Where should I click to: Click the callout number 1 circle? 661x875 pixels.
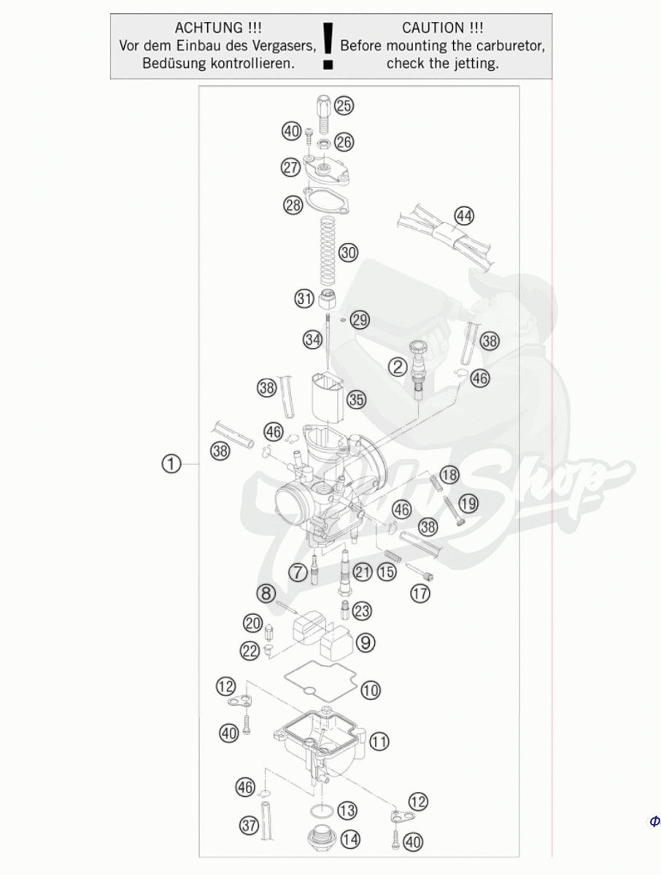[171, 464]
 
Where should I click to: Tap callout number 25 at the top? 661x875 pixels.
[344, 106]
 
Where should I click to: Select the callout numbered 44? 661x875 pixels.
[464, 216]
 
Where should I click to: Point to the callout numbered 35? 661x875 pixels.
[356, 400]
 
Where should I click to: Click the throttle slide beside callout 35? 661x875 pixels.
[327, 397]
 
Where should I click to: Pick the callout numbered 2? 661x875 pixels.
[398, 367]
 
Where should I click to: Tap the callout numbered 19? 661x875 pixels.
[468, 503]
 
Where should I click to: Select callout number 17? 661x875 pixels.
[420, 594]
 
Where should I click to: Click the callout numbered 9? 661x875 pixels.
[366, 642]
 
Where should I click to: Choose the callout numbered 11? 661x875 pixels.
[379, 742]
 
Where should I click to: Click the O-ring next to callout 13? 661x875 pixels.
[322, 811]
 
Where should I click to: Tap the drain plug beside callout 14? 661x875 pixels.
[320, 839]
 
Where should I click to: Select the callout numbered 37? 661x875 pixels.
[249, 825]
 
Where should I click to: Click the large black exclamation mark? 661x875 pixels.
[328, 46]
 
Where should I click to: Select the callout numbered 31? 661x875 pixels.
[304, 298]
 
